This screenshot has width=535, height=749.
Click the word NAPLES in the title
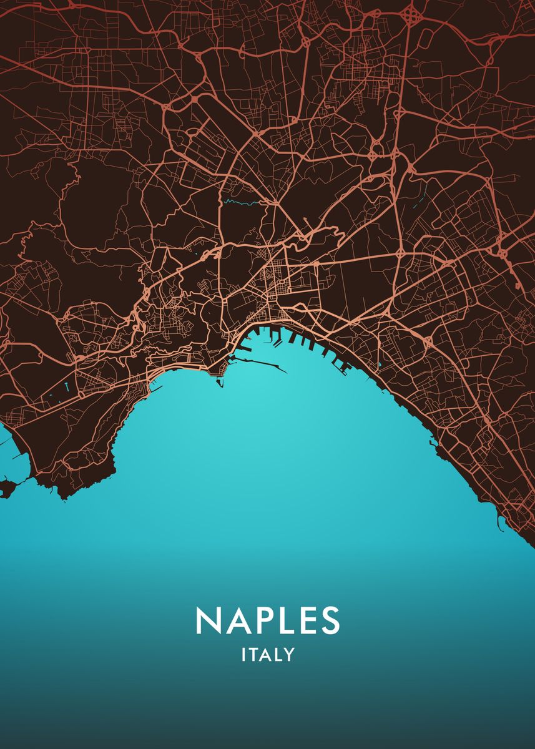coord(268,620)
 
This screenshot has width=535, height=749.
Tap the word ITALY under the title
coord(268,655)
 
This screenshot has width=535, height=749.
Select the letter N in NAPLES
coord(208,620)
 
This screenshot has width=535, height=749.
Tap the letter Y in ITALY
coord(288,655)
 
